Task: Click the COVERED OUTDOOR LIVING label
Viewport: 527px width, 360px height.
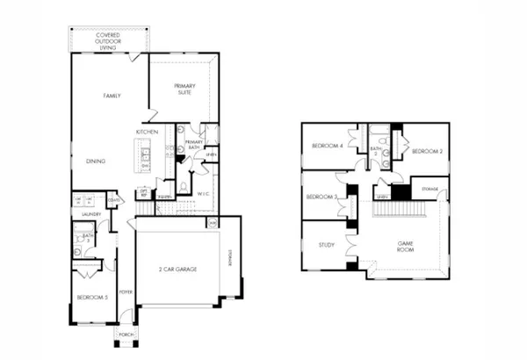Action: coord(108,40)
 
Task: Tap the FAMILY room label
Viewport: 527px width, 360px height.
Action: coord(112,96)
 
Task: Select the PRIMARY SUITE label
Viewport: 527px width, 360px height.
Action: coord(184,89)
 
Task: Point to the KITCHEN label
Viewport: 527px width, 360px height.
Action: coord(146,133)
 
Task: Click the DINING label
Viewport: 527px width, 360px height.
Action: coord(96,161)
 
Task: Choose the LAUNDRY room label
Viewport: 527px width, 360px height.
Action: coord(91,213)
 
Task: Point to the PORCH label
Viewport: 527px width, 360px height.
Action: coord(124,334)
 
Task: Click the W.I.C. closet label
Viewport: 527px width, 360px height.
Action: coord(202,194)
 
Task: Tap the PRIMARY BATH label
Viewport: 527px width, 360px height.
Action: coord(193,145)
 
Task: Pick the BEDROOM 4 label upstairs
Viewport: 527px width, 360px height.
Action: coord(328,147)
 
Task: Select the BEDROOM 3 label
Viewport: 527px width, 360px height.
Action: coord(322,198)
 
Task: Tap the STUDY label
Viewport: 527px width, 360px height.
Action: coord(327,245)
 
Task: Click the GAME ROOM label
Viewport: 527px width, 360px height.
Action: coord(406,246)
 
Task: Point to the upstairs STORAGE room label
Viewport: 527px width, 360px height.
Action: coord(430,189)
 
